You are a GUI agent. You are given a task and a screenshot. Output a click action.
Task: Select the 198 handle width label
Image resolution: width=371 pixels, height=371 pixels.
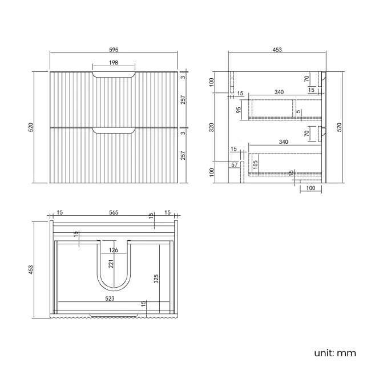(x=114, y=63)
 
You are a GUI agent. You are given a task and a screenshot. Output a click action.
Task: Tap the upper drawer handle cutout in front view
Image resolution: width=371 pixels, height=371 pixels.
(x=114, y=75)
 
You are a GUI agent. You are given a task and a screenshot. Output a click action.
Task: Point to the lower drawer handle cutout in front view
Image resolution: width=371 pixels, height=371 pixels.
(x=114, y=130)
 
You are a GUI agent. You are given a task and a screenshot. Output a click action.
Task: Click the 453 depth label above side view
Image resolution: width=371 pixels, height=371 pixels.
(x=277, y=50)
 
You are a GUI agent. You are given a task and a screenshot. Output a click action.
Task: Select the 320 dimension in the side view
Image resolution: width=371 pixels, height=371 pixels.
(x=211, y=127)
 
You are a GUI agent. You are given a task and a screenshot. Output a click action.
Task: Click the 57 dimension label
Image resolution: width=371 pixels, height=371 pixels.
(x=235, y=164)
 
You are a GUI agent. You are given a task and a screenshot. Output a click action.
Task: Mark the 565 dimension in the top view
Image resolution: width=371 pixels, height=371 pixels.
(x=114, y=212)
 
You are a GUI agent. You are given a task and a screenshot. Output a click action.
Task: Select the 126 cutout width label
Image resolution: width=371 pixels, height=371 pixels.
(x=114, y=249)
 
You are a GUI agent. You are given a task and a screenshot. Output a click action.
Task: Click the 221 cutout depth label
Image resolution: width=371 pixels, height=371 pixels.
(x=112, y=264)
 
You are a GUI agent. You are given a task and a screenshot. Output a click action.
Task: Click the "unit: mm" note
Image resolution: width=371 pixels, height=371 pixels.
(x=334, y=353)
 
